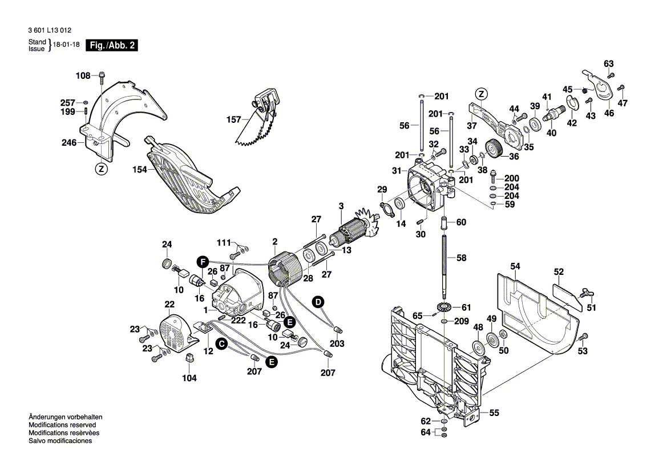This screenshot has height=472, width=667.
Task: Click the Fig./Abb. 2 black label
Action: (x=111, y=46)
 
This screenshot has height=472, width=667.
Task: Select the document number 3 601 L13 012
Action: (x=50, y=30)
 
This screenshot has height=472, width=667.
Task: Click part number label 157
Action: (x=234, y=120)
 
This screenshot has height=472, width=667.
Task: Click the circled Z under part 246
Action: (x=100, y=169)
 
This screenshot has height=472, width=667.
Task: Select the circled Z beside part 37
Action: (x=482, y=94)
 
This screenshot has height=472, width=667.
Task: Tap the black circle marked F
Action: (x=201, y=262)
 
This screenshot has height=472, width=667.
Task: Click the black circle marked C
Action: (x=221, y=343)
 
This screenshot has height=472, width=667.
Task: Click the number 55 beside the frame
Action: (x=494, y=412)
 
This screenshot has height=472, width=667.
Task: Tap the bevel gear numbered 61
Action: (x=443, y=307)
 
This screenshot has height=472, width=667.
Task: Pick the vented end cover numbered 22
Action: (x=176, y=333)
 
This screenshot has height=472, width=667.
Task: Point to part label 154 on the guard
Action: (x=139, y=170)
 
